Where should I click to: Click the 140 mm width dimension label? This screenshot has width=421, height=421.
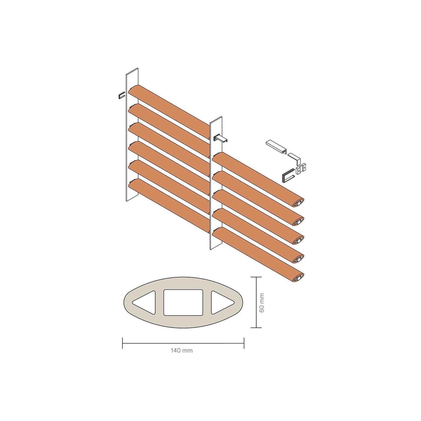pyautogui.click(x=182, y=351)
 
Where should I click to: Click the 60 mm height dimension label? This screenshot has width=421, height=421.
pyautogui.click(x=262, y=302)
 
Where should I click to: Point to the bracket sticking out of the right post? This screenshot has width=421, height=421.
pyautogui.click(x=221, y=139)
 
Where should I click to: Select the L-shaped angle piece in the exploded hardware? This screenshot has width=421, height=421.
pyautogui.click(x=295, y=158)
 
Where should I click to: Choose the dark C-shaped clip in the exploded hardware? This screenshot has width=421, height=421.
pyautogui.click(x=288, y=175)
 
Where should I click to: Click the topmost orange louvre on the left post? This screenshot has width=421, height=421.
pyautogui.click(x=168, y=108)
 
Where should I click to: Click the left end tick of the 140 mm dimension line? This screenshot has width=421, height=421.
pyautogui.click(x=122, y=343)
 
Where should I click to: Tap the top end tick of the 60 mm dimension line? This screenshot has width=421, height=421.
pyautogui.click(x=256, y=277)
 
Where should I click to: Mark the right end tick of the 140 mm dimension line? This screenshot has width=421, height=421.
pyautogui.click(x=244, y=343)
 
